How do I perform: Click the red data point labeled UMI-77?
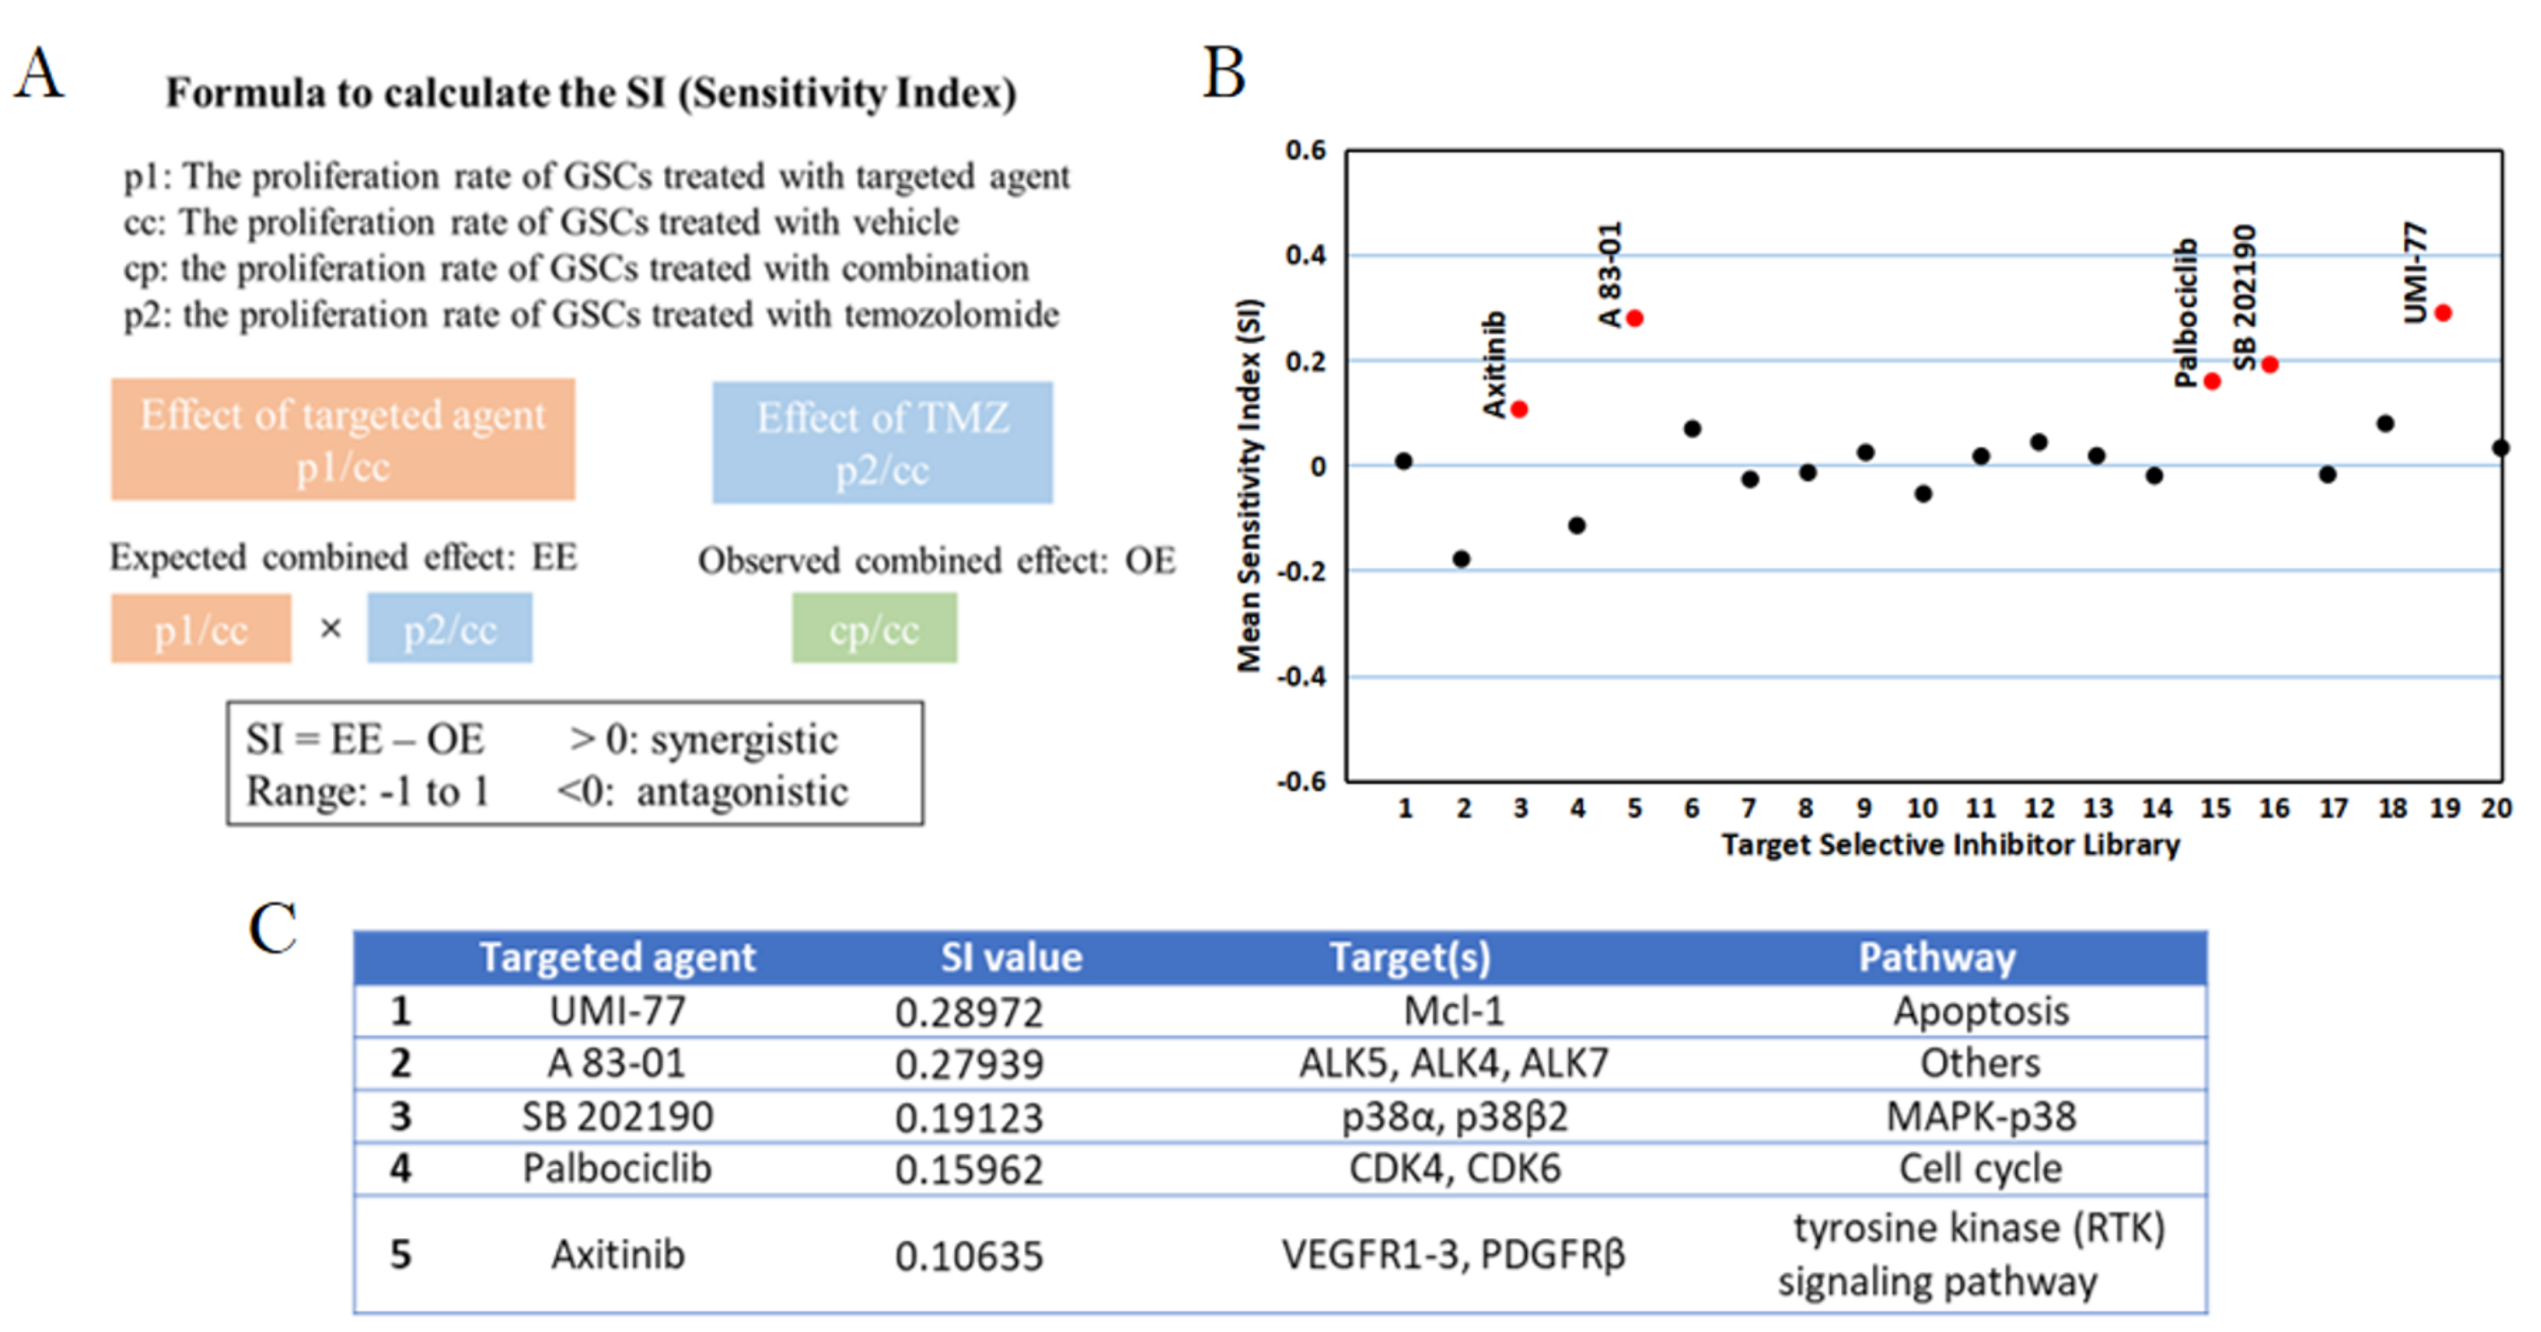pos(2442,313)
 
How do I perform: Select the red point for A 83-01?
pos(1635,318)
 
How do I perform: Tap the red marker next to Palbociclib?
pos(2212,381)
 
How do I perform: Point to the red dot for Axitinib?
pos(1519,408)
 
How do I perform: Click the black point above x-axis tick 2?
pos(1461,558)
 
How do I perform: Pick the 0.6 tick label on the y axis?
pos(1305,150)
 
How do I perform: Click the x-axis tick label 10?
pos(1921,808)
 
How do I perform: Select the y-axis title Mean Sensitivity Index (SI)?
pos(1250,484)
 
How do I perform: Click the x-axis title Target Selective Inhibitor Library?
pos(1950,844)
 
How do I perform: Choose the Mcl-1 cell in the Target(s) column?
pos(1454,1011)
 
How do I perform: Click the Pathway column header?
pos(1937,957)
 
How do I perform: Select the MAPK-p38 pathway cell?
pos(1981,1116)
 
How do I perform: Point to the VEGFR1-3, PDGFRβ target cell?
pos(1453,1255)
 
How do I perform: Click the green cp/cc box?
pos(874,628)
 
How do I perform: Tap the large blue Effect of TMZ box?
pos(883,442)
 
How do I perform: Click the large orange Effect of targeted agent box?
pos(342,439)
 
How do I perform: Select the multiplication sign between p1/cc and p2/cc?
pos(330,628)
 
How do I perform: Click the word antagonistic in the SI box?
pos(742,792)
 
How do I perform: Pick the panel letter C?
pos(272,928)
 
